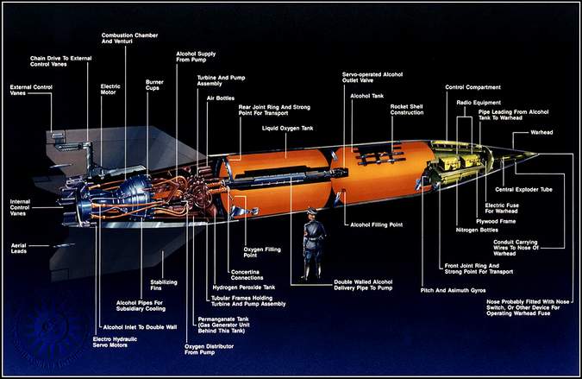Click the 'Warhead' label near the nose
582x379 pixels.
click(x=541, y=132)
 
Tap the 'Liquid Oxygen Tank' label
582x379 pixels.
click(x=288, y=128)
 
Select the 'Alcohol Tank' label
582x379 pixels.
click(x=366, y=96)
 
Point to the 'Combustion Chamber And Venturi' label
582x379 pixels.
click(x=129, y=38)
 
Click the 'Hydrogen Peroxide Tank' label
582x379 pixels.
click(x=244, y=287)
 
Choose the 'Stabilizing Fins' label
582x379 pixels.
click(x=164, y=285)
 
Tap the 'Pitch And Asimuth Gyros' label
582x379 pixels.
click(x=453, y=290)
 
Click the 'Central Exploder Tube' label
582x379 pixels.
click(x=523, y=190)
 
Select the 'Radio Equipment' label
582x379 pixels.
click(x=479, y=103)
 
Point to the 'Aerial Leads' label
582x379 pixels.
click(x=19, y=249)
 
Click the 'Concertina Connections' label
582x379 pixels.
click(x=247, y=275)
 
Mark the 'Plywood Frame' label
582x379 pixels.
click(x=496, y=222)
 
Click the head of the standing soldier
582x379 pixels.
click(x=311, y=213)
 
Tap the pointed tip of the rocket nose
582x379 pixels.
click(x=538, y=154)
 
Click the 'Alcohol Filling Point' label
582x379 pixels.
click(x=377, y=224)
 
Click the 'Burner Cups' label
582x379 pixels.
click(x=154, y=85)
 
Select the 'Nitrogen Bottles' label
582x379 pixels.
click(x=477, y=231)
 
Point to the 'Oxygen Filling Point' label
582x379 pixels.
click(x=262, y=252)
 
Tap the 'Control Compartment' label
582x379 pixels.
click(x=472, y=87)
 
